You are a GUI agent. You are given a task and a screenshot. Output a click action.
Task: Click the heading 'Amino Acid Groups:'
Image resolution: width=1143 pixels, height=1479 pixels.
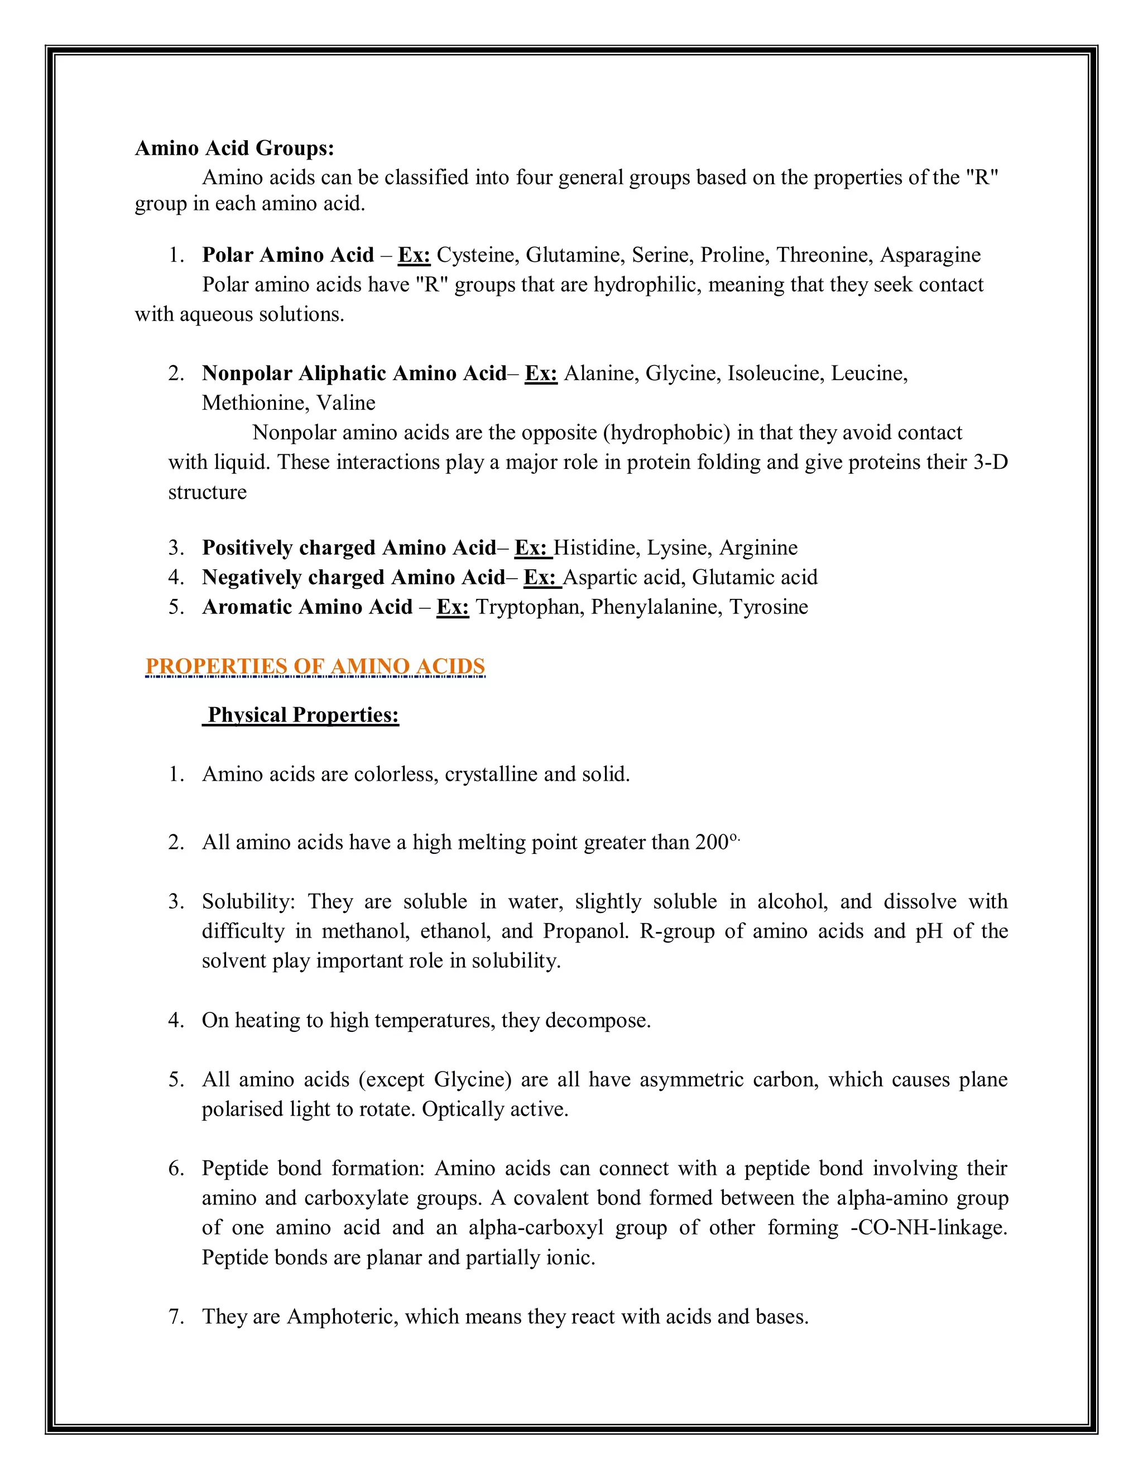[234, 148]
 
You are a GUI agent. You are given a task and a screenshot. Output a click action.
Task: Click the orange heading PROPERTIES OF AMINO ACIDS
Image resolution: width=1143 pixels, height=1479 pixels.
[315, 666]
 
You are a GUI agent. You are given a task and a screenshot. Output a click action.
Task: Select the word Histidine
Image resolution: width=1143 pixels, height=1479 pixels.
[597, 548]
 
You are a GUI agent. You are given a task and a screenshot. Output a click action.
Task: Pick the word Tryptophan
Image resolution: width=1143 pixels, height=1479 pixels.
[530, 607]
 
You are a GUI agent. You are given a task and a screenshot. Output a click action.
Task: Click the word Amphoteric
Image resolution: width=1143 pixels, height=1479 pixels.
[343, 1317]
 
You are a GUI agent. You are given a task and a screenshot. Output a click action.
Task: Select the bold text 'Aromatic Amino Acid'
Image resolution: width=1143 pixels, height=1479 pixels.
[308, 607]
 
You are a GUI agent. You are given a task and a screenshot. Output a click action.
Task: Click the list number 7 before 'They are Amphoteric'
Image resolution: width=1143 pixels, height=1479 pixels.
[175, 1317]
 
